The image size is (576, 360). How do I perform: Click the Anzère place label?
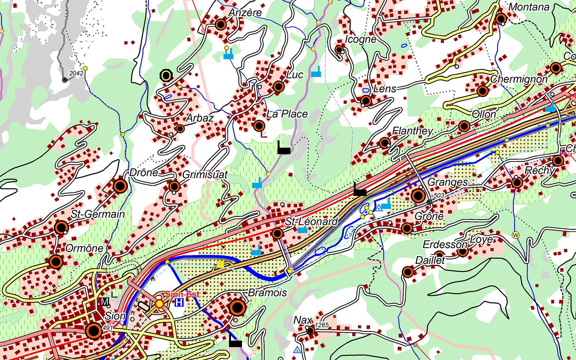pos(245,13)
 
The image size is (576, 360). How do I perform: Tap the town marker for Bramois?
pos(237,308)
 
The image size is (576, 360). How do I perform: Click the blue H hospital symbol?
pos(179,303)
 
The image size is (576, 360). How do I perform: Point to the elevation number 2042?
pos(76,73)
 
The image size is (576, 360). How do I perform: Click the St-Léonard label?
pos(311,221)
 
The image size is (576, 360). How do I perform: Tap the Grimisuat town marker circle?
pos(174,186)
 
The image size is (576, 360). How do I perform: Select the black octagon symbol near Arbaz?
pos(166,76)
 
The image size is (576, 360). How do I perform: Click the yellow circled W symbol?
pos(516,235)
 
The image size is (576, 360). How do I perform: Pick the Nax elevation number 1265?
pos(321,325)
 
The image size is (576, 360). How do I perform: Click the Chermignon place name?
pos(519,79)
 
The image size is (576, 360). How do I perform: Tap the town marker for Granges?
pos(418,196)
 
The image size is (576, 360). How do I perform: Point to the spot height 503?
pos(439,195)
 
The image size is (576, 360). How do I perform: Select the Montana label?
pos(529,7)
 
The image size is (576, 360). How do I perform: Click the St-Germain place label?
pos(98,214)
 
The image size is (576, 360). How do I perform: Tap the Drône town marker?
pos(120,186)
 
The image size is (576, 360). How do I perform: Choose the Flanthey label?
pos(413,131)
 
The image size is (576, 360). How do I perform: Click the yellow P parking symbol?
pos(220,265)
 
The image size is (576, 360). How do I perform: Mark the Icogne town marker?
pos(339,49)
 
